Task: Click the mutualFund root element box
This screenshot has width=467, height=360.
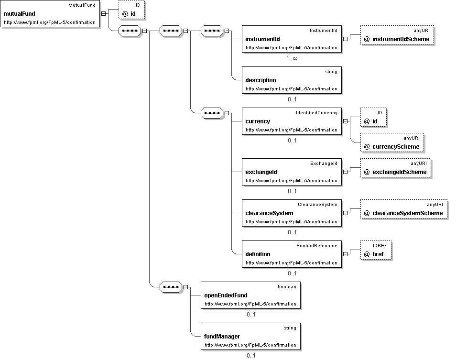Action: point(50,14)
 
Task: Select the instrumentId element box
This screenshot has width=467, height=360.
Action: point(292,39)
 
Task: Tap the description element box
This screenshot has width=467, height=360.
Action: point(292,80)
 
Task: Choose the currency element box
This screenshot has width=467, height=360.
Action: point(292,121)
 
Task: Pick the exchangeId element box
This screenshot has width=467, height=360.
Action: point(292,172)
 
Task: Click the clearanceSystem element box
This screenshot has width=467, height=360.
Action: point(292,213)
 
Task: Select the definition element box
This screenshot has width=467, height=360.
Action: point(292,254)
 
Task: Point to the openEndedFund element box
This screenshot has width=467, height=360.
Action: point(251,295)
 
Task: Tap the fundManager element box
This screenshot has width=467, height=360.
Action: point(251,337)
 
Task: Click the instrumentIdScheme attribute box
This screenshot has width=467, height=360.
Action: point(397,35)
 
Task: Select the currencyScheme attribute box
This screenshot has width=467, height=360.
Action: point(392,143)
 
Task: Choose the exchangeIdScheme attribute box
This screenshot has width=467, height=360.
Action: point(396,168)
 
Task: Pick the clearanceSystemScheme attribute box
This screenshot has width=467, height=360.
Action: point(404,209)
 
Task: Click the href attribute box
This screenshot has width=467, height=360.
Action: point(376,251)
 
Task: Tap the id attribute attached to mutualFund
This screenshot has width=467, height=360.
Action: point(131,10)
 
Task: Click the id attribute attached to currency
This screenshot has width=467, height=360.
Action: point(373,118)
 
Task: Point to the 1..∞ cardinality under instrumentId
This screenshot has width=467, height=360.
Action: point(292,58)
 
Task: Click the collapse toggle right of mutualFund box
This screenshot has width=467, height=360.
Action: point(103,14)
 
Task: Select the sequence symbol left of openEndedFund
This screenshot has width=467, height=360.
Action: point(171,287)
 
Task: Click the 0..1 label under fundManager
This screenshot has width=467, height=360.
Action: point(251,356)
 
